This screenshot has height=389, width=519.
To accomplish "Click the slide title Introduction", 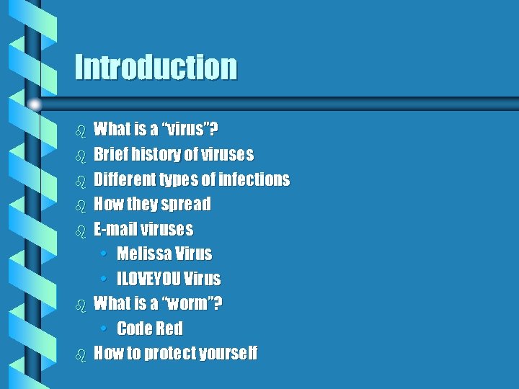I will click(x=156, y=68).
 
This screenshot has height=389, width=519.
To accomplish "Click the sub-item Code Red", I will click(x=149, y=328).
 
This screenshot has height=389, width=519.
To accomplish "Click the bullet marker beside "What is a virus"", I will click(x=81, y=130).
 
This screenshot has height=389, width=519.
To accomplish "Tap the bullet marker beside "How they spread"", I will click(x=81, y=205).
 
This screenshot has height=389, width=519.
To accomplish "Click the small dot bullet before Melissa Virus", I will click(x=105, y=254).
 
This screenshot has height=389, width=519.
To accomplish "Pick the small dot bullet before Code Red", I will click(x=105, y=329).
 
